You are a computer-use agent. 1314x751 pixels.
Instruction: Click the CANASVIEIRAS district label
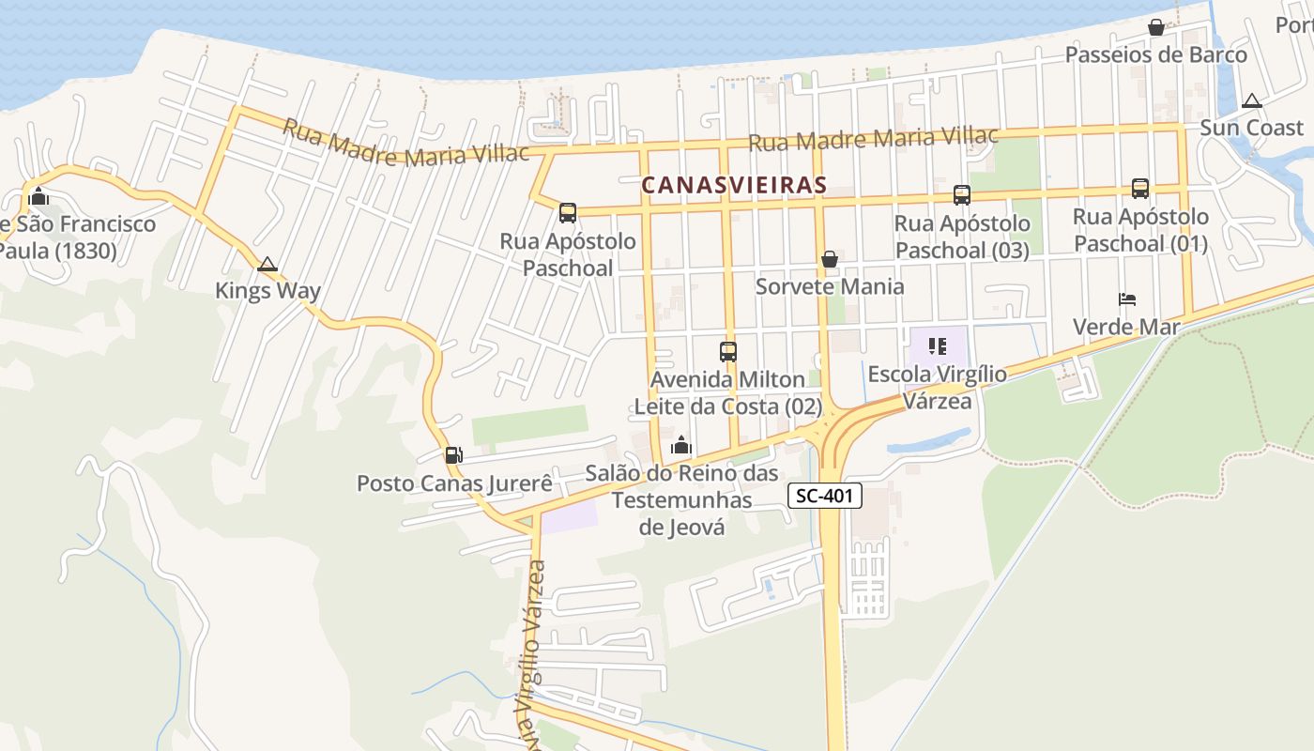[x=734, y=185]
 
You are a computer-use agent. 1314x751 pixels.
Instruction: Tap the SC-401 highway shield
[x=823, y=496]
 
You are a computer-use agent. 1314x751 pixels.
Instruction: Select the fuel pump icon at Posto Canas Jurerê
[x=453, y=455]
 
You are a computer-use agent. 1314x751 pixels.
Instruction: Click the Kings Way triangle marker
[x=267, y=265]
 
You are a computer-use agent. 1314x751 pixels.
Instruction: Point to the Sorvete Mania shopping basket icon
[x=830, y=259]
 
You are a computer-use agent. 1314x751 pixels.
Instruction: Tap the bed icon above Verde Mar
[x=1127, y=299]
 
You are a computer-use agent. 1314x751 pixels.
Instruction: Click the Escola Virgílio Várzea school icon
[x=937, y=346]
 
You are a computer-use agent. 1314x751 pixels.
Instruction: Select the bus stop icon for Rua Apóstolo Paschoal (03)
[x=962, y=195]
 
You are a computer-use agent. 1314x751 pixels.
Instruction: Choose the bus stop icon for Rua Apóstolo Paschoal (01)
[x=1140, y=189]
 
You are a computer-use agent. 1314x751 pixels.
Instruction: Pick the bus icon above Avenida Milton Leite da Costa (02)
[x=728, y=352]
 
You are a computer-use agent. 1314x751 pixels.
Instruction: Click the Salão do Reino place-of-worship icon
[x=681, y=445]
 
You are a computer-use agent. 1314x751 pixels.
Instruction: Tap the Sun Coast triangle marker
[x=1251, y=101]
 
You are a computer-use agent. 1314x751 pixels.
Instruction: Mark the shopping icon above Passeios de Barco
[x=1156, y=27]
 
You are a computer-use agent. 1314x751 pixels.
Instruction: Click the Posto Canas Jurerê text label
[x=454, y=483]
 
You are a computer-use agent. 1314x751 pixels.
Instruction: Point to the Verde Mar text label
[x=1126, y=327]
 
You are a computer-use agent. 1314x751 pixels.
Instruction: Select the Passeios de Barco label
[x=1156, y=54]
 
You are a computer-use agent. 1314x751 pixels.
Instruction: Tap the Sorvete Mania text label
[x=830, y=286]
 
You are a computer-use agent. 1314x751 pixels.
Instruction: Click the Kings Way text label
[x=267, y=291]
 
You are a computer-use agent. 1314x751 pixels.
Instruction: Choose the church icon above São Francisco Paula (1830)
[x=38, y=197]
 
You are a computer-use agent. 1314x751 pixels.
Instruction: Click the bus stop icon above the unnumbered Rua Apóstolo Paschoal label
[x=568, y=213]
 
